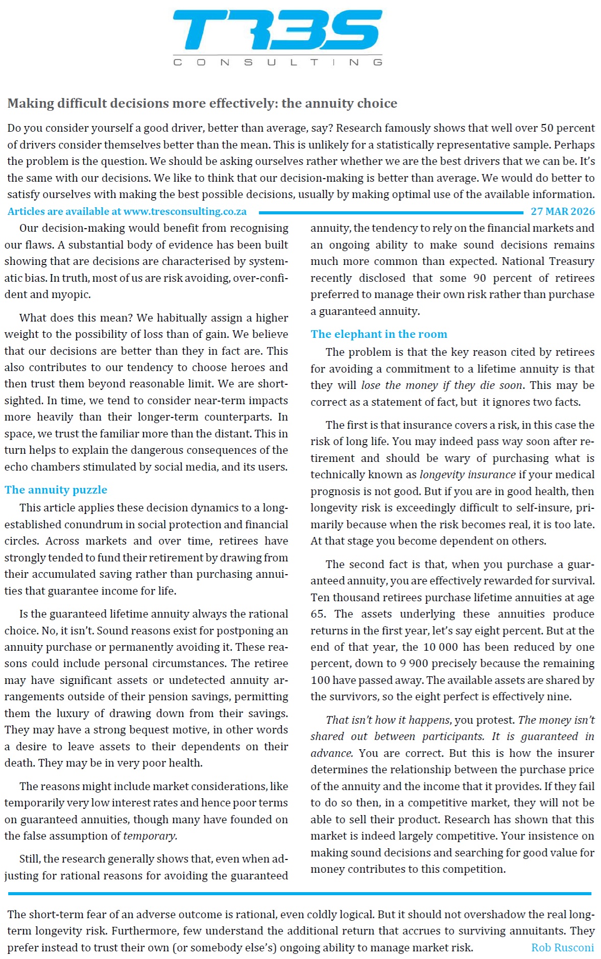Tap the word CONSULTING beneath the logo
[277, 62]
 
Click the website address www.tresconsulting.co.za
[185, 211]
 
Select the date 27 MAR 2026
[563, 211]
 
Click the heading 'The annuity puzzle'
[56, 490]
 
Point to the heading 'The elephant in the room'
[379, 334]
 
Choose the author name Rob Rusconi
[562, 947]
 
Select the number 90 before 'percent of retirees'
[479, 278]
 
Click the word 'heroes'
[246, 367]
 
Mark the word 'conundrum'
[107, 524]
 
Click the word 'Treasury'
[571, 261]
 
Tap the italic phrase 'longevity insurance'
[467, 475]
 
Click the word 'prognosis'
[335, 491]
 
